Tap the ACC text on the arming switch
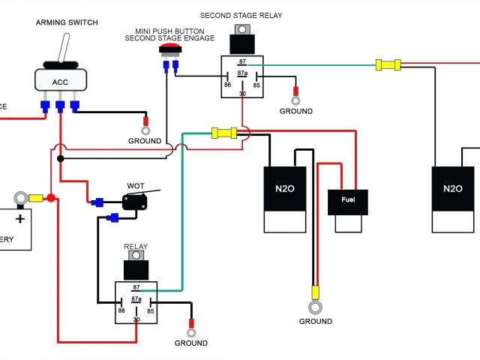click(59, 82)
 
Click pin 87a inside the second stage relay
click(242, 73)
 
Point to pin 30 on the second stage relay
click(242, 94)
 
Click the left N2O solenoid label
click(285, 190)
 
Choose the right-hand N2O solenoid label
click(453, 190)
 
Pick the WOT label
click(136, 185)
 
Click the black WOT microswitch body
click(134, 201)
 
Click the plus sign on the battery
click(19, 218)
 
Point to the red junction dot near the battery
click(51, 198)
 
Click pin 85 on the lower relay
click(150, 310)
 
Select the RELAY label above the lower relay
click(136, 246)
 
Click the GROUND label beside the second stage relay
click(295, 111)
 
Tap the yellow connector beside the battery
click(34, 198)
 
